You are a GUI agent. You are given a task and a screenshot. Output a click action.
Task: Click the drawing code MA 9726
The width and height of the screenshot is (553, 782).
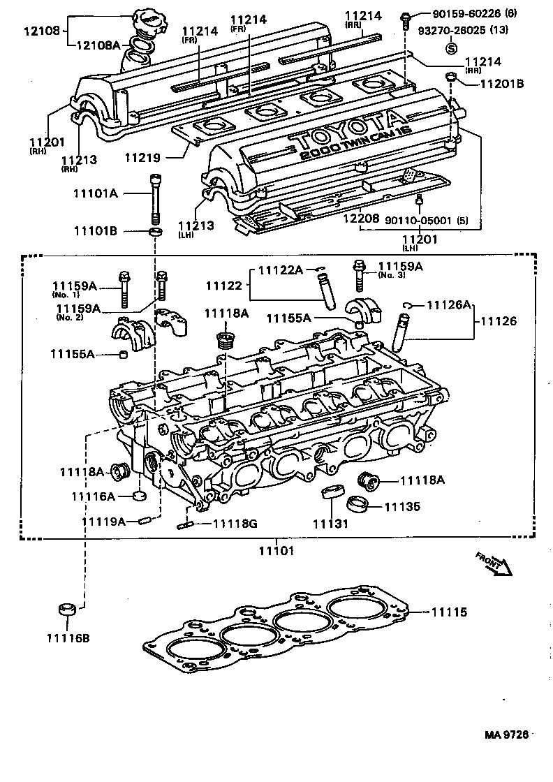pyautogui.click(x=508, y=735)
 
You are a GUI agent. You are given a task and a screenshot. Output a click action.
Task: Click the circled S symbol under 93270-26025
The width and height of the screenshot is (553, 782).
pyautogui.click(x=451, y=48)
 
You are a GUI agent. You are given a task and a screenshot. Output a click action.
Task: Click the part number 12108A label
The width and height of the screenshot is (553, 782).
pyautogui.click(x=98, y=45)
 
